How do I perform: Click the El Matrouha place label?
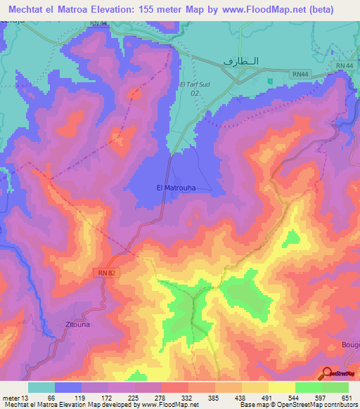pos(175,188)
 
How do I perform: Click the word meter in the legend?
pos(11,398)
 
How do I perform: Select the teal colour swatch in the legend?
pos(41,387)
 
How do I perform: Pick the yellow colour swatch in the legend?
pos(282,387)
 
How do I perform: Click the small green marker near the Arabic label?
pos(269,81)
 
